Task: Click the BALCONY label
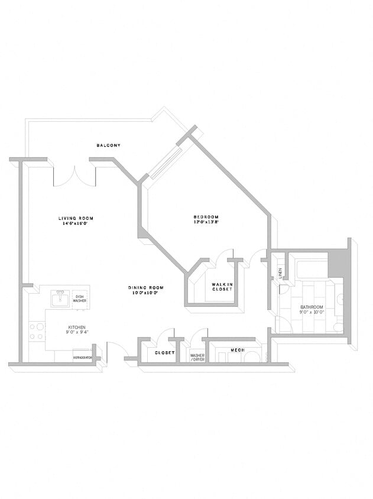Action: point(109,145)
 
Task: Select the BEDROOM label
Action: point(206,216)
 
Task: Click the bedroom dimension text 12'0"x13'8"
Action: point(206,222)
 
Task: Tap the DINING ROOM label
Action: point(145,288)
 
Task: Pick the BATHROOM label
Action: point(312,307)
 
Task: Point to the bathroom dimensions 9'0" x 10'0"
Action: point(312,312)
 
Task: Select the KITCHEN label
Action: point(77,327)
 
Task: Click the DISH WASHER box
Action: point(79,299)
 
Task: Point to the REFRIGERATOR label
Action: point(83,358)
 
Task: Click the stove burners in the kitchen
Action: point(37,331)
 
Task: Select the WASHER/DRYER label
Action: point(197,357)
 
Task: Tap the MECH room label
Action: point(237,351)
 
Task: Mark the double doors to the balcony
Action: point(74,176)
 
